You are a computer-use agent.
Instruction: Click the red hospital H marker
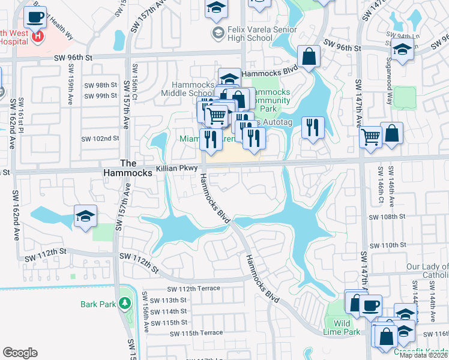pos(38,37)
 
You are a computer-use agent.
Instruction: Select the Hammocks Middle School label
pos(188,89)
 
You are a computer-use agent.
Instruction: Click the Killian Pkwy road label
pos(177,169)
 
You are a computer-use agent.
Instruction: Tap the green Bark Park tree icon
pos(124,304)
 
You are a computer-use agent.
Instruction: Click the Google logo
pos(20,352)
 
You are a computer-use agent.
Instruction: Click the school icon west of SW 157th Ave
pos(86,216)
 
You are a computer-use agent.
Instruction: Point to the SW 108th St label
pos(387,217)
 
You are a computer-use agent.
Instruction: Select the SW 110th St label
pos(387,245)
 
